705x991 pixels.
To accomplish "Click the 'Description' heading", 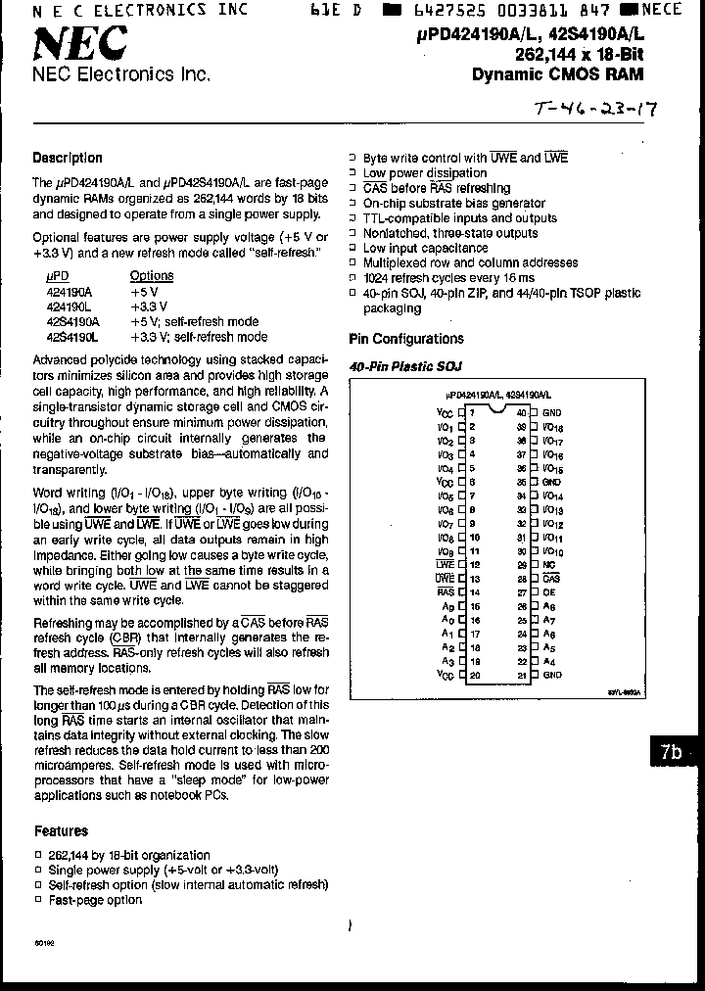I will (68, 158).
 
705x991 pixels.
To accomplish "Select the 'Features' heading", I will (61, 831).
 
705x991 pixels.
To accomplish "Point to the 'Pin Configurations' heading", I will (406, 339).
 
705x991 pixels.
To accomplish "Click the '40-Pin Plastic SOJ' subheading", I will (405, 366).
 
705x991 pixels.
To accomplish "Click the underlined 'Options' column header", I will (152, 276).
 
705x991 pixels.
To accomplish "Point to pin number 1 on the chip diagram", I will (472, 414).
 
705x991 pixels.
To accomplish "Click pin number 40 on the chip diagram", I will (522, 414).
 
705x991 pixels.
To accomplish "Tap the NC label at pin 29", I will (550, 565).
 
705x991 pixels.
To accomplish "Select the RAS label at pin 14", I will (446, 592).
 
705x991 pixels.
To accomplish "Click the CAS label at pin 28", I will (551, 579).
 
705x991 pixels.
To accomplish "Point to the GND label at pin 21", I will (552, 675).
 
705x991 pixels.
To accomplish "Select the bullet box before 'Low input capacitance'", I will (353, 249).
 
